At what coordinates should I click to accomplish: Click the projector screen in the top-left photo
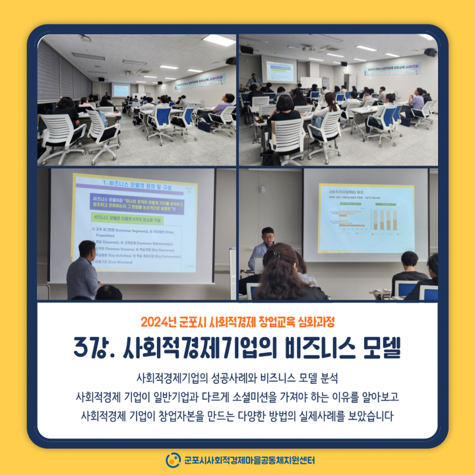point(121,90)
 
